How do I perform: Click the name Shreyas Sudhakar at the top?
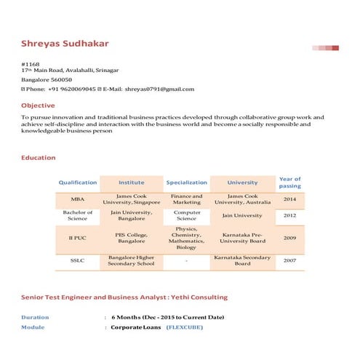(65, 44)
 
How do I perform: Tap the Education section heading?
(38, 158)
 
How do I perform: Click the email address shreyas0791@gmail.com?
(159, 89)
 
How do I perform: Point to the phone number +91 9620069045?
(72, 89)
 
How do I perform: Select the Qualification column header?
(78, 183)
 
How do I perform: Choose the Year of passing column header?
(289, 183)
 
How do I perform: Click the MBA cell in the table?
(78, 199)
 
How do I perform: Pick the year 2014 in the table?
(289, 199)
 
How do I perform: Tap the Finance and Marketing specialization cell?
(186, 199)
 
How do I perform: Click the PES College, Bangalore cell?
(132, 238)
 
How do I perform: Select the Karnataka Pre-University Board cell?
(242, 238)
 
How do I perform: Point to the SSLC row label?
(78, 260)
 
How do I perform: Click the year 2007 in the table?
(289, 260)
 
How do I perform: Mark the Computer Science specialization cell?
(186, 215)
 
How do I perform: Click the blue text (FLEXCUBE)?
(185, 328)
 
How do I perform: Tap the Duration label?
(36, 317)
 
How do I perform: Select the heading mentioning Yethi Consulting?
(124, 297)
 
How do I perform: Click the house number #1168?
(31, 64)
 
